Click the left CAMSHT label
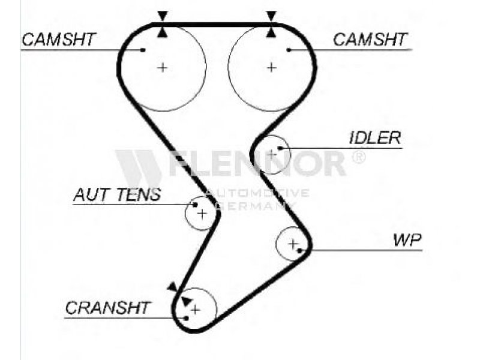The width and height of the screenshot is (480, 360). (58, 40)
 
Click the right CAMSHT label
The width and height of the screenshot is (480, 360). (370, 40)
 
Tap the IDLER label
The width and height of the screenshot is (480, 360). (374, 137)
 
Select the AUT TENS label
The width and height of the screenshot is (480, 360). (117, 194)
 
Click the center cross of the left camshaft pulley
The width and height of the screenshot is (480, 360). (162, 67)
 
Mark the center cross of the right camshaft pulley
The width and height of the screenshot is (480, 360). (271, 67)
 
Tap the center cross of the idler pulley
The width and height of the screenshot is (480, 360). (272, 154)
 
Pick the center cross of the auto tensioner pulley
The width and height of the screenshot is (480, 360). (202, 213)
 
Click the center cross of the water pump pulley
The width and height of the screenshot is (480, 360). (293, 244)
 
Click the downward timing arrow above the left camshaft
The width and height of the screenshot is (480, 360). (162, 15)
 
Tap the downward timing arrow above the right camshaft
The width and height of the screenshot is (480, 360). (271, 15)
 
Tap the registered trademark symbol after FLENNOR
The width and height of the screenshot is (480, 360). (358, 157)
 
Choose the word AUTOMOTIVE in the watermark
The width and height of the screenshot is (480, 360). (257, 193)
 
